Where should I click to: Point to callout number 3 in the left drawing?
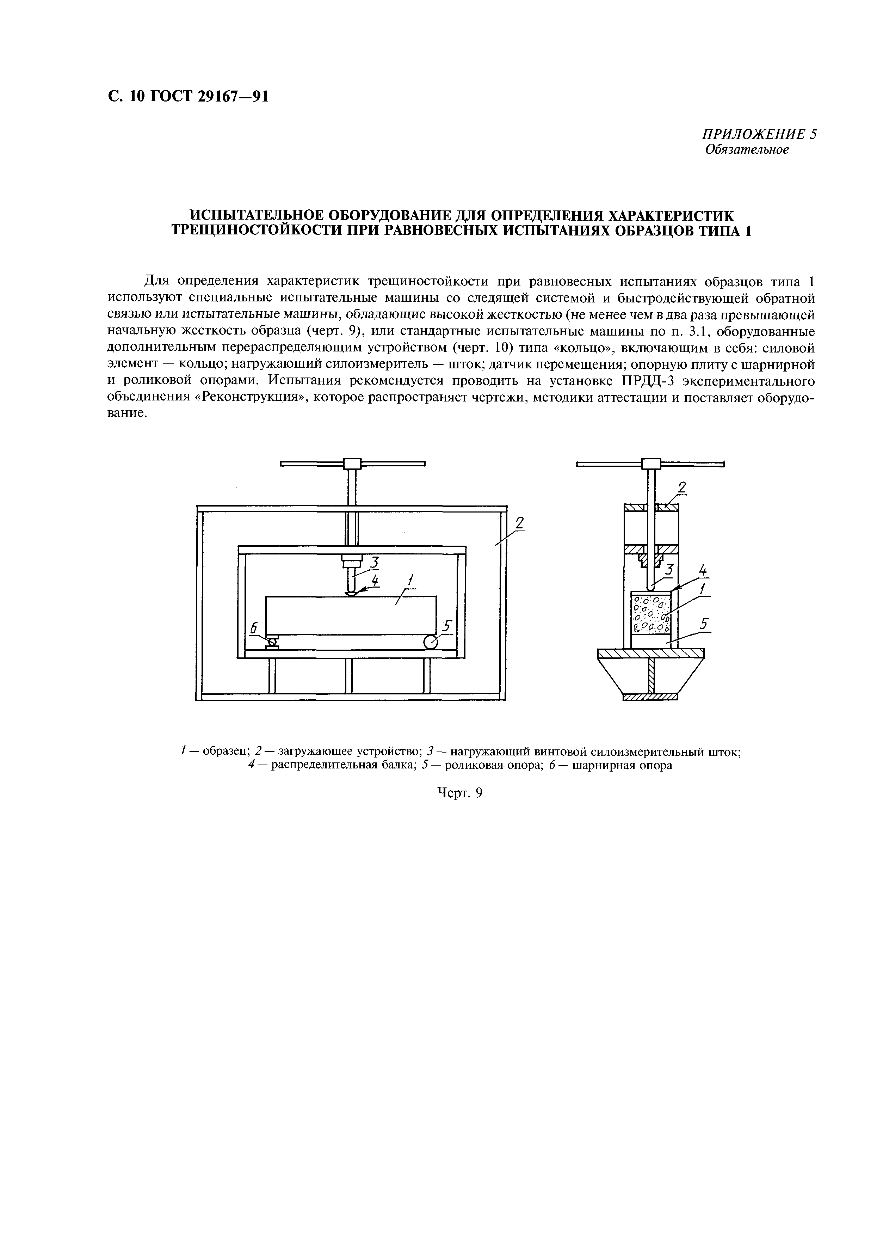click(373, 562)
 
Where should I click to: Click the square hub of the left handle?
click(352, 464)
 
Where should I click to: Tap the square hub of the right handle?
click(651, 464)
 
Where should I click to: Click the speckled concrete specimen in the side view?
click(651, 614)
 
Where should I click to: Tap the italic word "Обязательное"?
click(747, 149)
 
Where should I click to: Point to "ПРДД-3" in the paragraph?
click(644, 381)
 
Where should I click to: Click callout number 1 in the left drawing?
click(410, 581)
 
